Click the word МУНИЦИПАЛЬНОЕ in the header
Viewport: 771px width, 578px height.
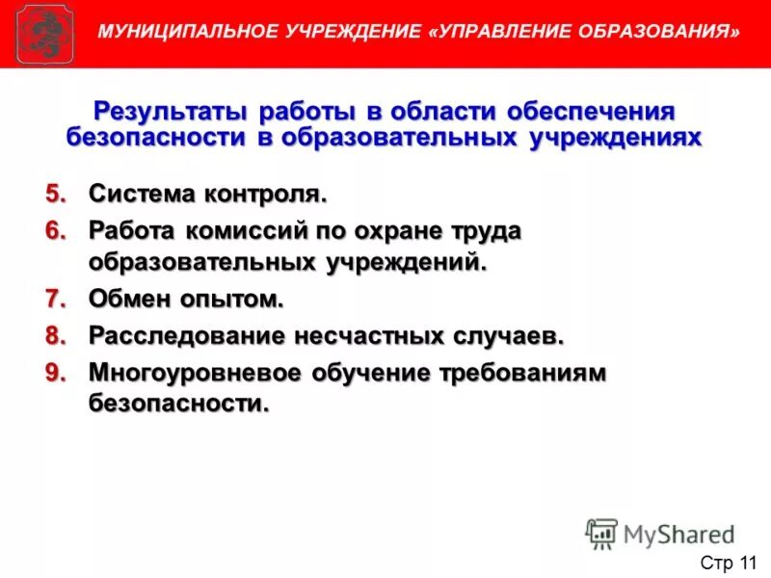(x=184, y=32)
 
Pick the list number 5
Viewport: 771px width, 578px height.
(x=57, y=194)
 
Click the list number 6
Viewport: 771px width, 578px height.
(x=57, y=232)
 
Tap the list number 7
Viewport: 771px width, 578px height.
(x=57, y=299)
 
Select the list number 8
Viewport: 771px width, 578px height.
(x=57, y=336)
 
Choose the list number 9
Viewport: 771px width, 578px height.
(x=57, y=373)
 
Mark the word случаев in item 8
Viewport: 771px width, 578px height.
(x=508, y=336)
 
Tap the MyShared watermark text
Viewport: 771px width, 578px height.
(x=679, y=533)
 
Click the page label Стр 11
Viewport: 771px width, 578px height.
(x=729, y=562)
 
